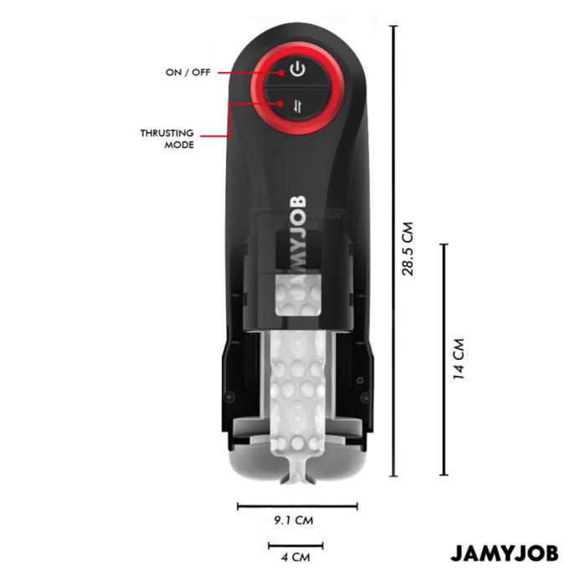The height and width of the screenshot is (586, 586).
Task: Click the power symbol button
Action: pos(296,69)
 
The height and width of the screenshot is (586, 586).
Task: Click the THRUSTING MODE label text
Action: pos(167,139)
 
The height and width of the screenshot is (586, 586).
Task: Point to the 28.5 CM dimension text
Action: pos(409,249)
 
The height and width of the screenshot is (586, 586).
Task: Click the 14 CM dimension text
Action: pos(458,360)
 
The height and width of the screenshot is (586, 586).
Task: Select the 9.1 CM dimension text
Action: pos(293,520)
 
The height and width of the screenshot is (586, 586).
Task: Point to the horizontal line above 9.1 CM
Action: pos(297,506)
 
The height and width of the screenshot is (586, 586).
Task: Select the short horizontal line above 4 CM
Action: pos(296,545)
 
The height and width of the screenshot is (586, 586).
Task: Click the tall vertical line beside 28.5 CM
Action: pos(393,251)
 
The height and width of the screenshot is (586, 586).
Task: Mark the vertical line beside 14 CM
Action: pos(444,360)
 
